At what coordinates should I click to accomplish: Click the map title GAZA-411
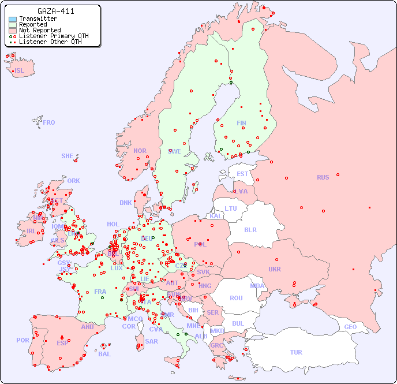coord(55,11)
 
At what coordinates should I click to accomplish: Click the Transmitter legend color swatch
coord(13,19)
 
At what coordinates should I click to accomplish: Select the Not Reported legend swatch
coord(13,30)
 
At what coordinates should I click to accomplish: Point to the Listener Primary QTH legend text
coord(54,36)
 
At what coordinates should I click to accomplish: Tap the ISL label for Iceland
coord(20,71)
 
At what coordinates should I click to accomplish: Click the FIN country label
coord(241,123)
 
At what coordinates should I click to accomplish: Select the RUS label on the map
coord(323,177)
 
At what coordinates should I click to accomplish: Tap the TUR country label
coord(296,352)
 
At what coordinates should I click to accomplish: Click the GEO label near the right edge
coord(350,327)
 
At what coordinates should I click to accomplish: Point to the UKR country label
coord(275,269)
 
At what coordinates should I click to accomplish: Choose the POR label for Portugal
coord(23,340)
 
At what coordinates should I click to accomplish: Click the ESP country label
coord(62,343)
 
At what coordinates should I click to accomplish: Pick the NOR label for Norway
coord(140,151)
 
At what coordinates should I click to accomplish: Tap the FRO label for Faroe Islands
coord(49,122)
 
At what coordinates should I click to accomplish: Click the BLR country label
coord(250,229)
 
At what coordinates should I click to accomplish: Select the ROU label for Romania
coord(236,298)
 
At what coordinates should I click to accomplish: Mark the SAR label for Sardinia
coord(151,341)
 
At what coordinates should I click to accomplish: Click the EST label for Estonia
coord(242,174)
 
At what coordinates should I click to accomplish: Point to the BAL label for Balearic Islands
coord(104,354)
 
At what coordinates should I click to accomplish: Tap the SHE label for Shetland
coord(68,156)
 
